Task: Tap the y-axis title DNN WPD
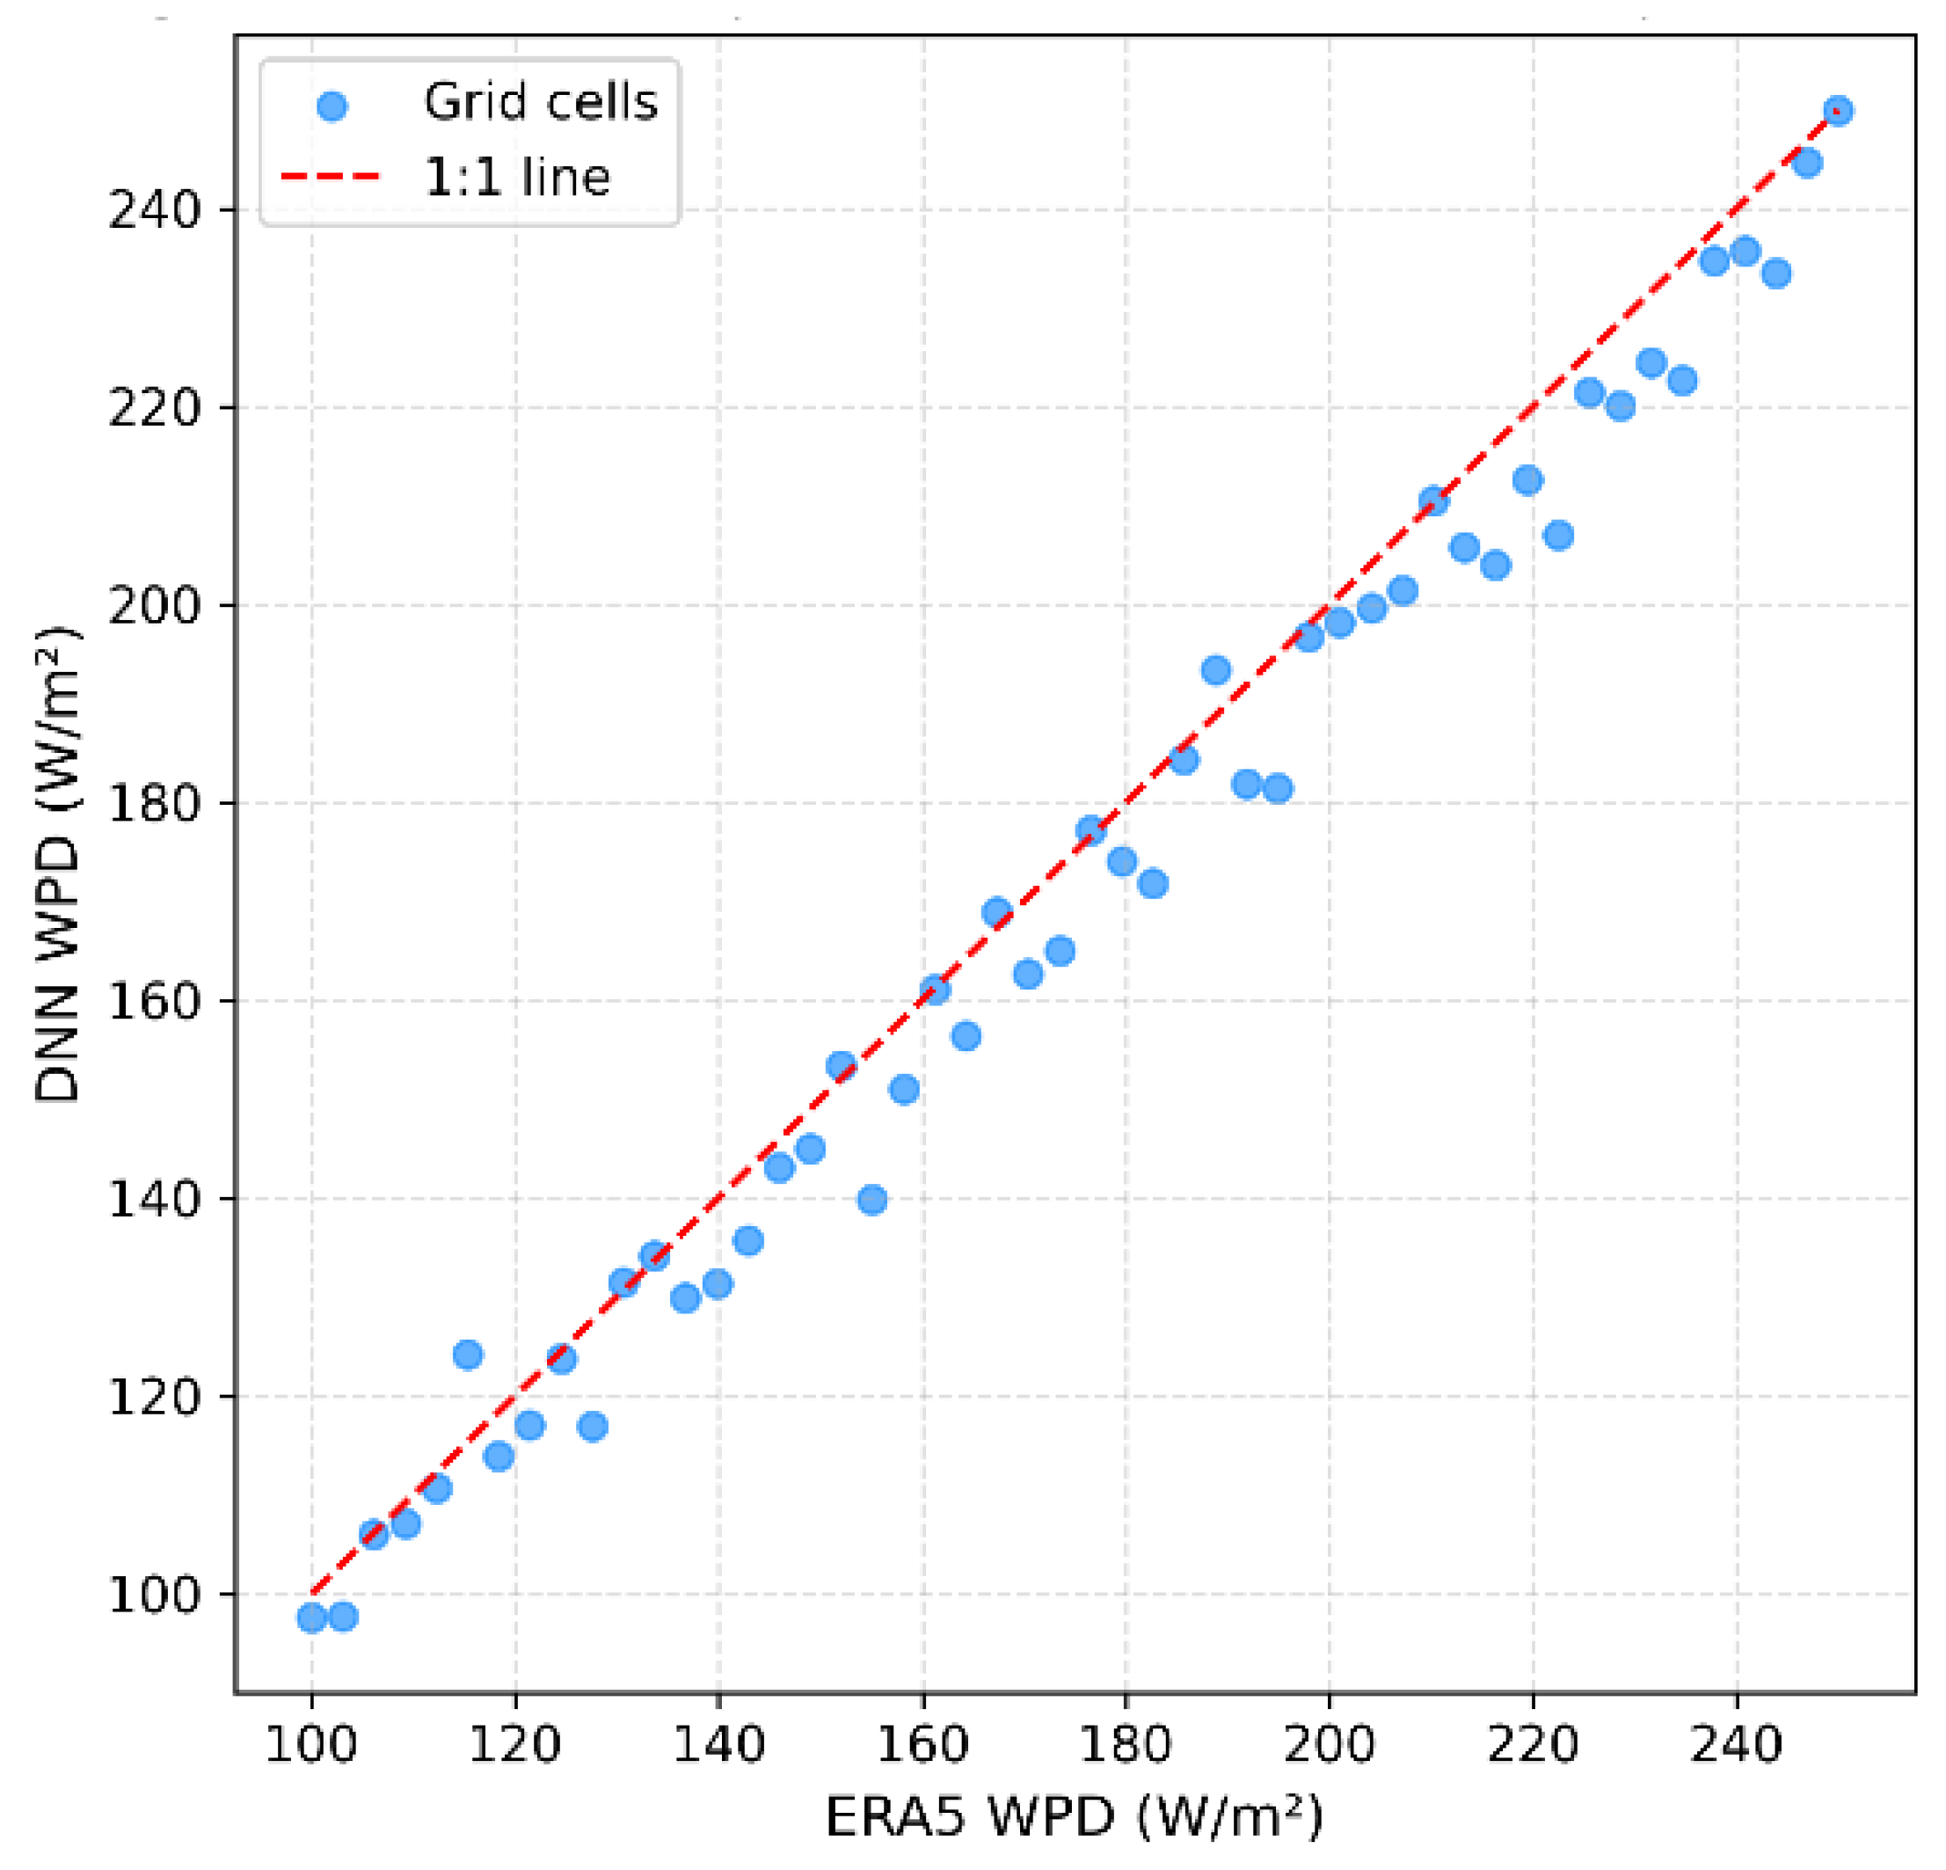(x=57, y=865)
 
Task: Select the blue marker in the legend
(x=332, y=106)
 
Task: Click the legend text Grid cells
(x=540, y=102)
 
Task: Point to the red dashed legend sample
(x=331, y=178)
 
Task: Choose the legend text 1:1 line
(x=516, y=178)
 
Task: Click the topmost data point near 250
(x=1838, y=111)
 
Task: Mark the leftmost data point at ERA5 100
(x=312, y=1618)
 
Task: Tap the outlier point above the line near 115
(x=468, y=1355)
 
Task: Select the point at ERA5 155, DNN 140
(x=872, y=1200)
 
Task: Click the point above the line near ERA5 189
(x=1216, y=670)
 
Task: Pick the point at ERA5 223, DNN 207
(x=1559, y=537)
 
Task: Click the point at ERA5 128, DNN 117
(x=593, y=1427)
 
